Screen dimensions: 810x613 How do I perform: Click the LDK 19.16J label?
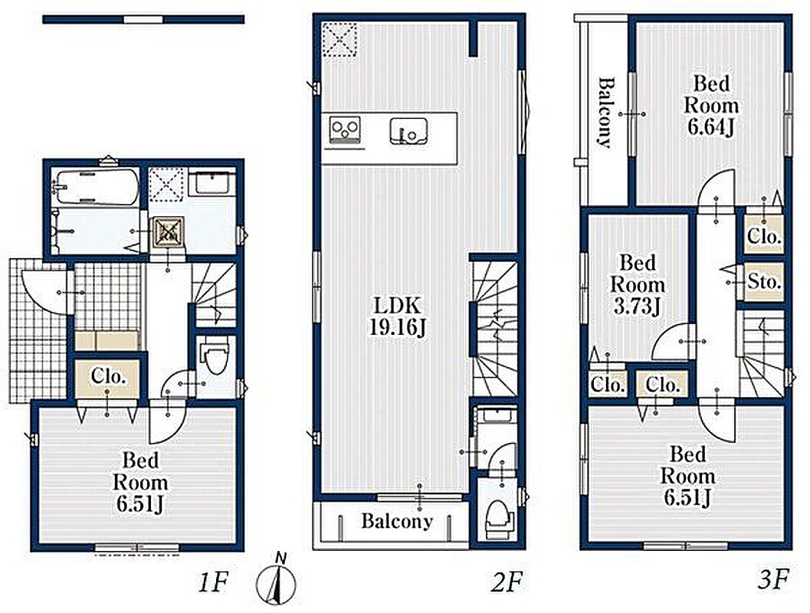pos(397,316)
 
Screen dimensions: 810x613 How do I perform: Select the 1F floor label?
pos(212,583)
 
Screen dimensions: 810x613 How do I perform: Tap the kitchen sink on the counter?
pos(408,130)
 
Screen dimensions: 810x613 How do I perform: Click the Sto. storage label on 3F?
pos(764,282)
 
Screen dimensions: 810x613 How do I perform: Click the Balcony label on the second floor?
pos(397,520)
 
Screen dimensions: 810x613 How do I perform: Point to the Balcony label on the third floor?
pos(606,113)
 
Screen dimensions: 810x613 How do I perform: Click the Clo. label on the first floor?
pos(109,376)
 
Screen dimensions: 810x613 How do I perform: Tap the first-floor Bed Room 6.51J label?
pos(140,482)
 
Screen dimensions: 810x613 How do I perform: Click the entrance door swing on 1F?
pos(45,292)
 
